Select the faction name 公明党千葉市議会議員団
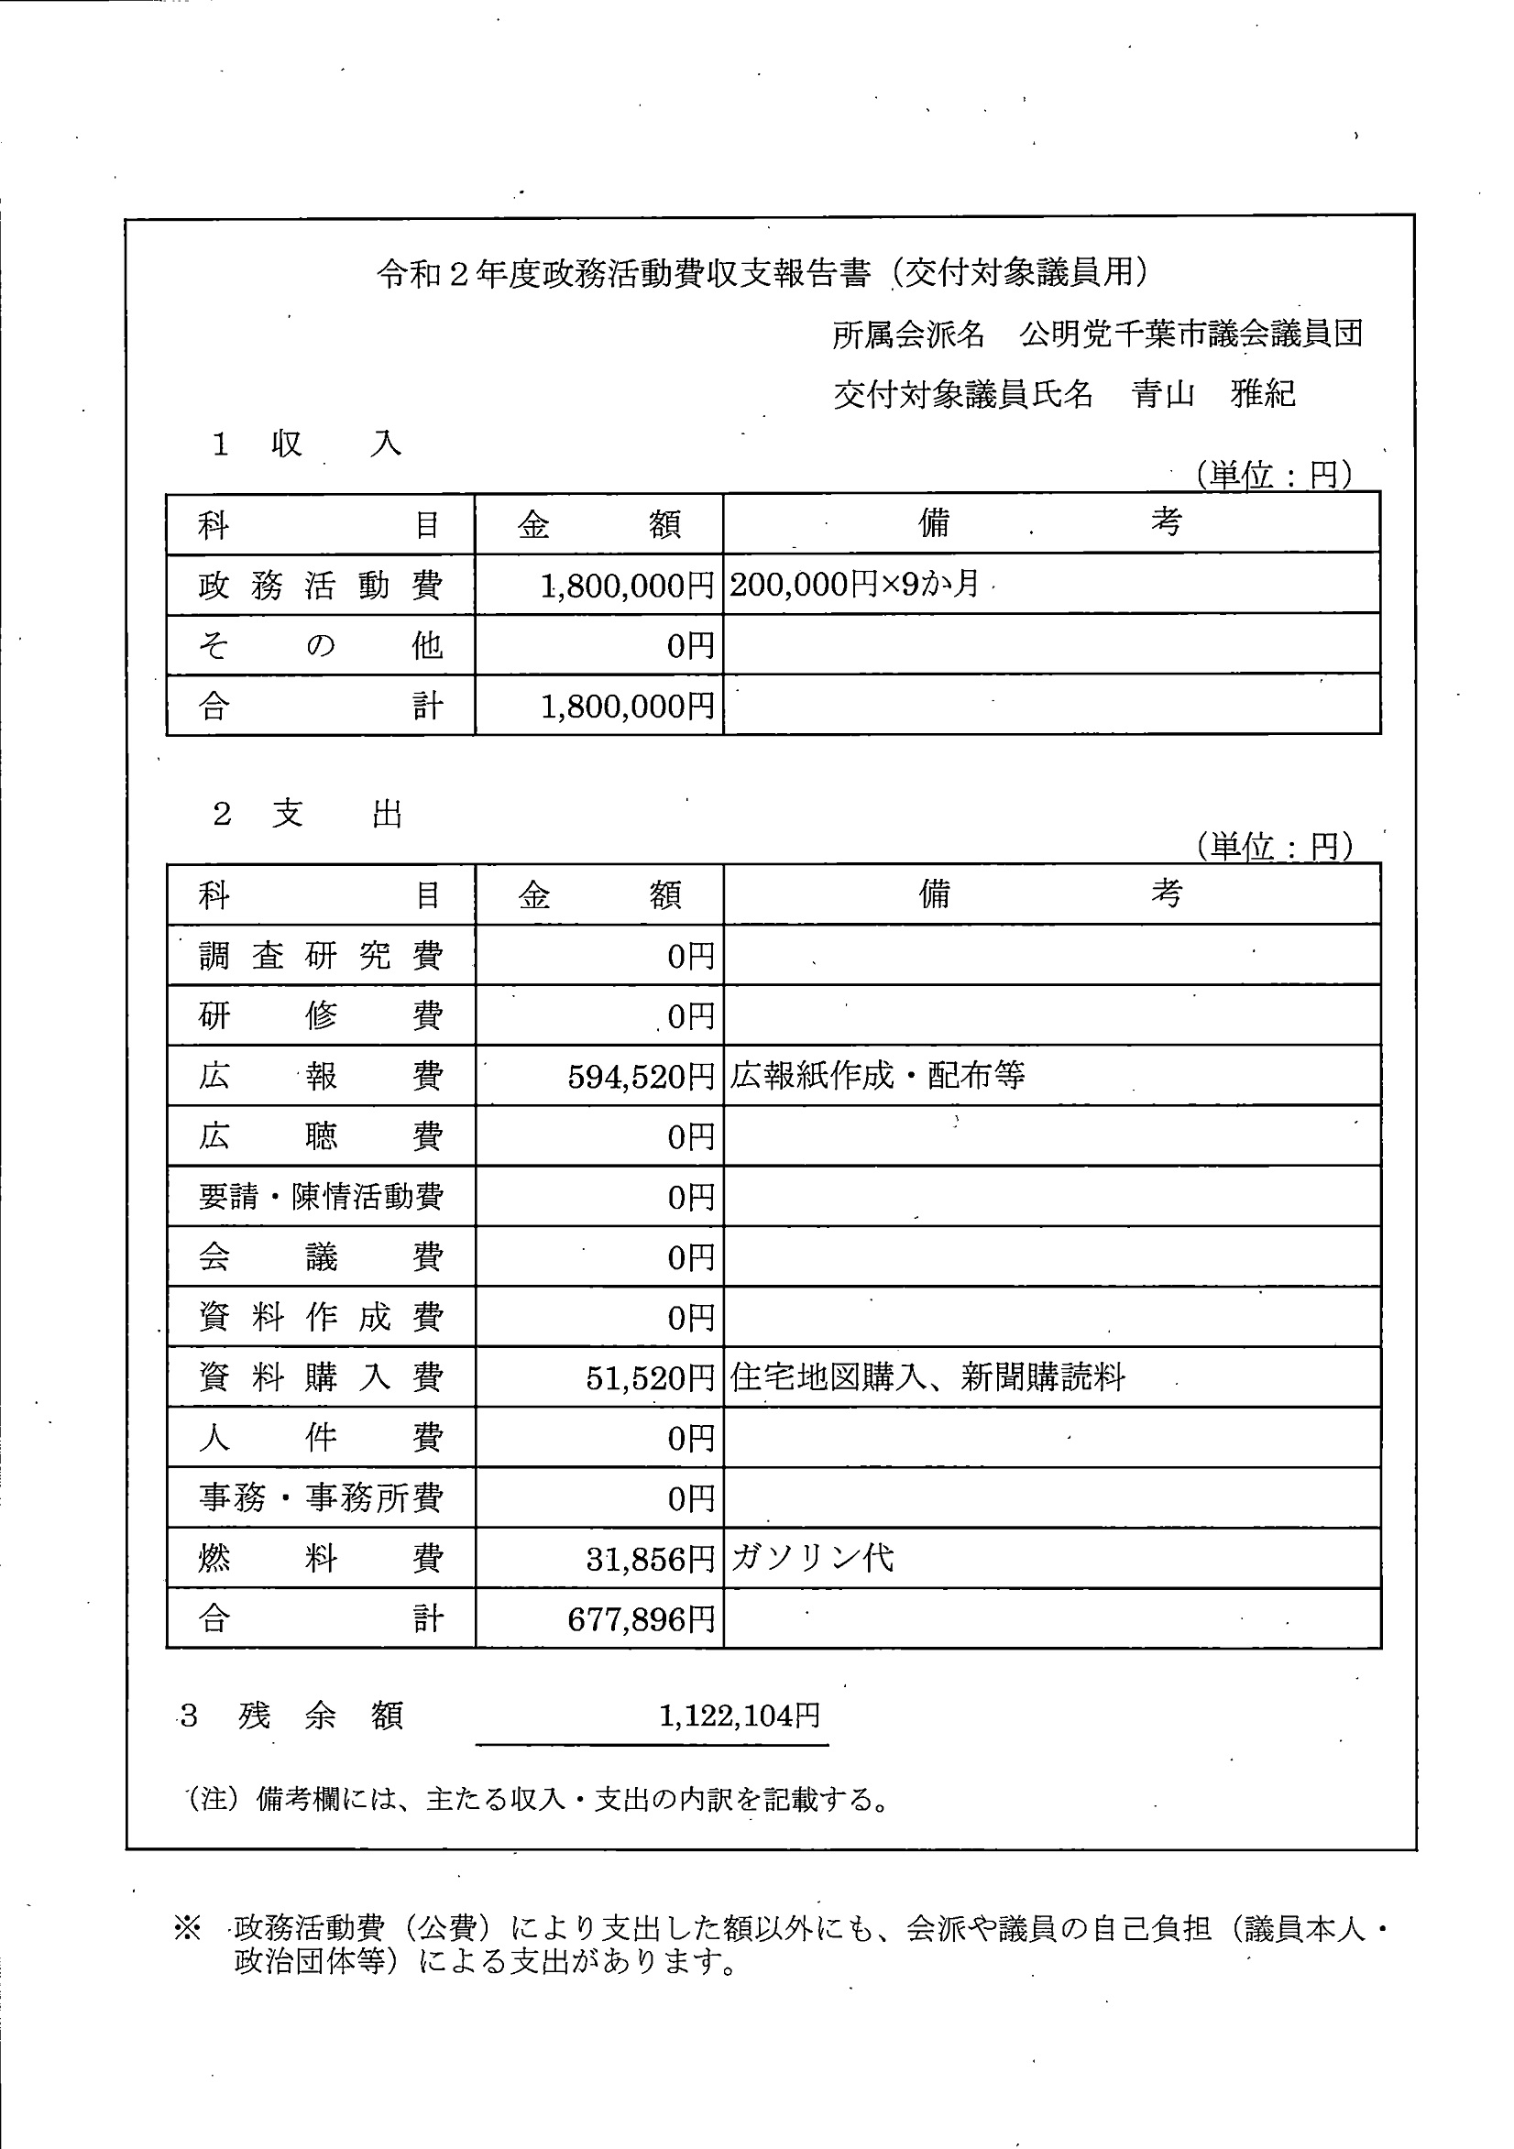coord(1191,334)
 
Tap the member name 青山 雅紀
coord(1212,394)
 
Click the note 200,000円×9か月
coord(854,585)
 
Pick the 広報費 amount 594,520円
coord(641,1078)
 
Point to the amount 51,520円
coord(650,1378)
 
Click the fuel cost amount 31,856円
coord(650,1560)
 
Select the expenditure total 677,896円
coord(641,1620)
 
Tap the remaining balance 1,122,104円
coord(740,1716)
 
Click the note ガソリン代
coord(812,1559)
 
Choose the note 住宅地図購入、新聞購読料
coord(927,1377)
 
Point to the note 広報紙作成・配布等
coord(877,1077)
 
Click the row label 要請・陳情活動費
coord(320,1197)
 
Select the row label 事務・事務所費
coord(320,1498)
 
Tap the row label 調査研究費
coord(320,956)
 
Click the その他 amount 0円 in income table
coord(690,646)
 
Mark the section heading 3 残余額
coord(291,1716)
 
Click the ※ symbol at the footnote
coord(187,1929)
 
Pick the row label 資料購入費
coord(320,1377)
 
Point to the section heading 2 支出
coord(308,815)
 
